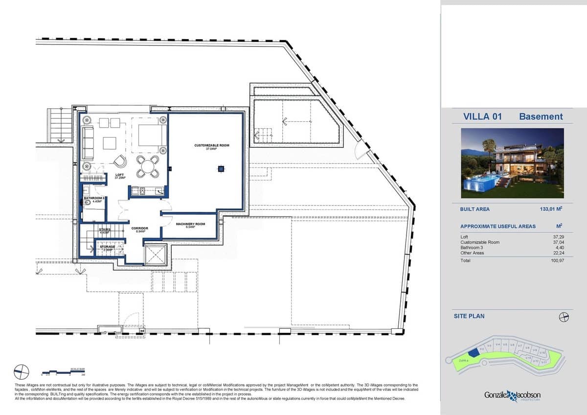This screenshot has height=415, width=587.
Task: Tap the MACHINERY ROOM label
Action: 190,225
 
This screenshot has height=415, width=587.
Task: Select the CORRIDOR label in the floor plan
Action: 139,229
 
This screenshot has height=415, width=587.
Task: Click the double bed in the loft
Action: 149,134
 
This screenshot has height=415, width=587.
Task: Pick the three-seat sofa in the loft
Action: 88,142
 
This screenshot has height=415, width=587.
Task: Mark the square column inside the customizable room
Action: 221,169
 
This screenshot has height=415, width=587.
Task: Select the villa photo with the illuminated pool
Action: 512,163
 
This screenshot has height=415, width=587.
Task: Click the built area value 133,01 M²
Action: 549,209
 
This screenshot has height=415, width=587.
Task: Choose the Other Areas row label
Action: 472,253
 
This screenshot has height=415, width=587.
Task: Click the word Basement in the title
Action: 541,116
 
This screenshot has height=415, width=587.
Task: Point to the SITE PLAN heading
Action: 469,316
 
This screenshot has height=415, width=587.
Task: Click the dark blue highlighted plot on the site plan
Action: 473,353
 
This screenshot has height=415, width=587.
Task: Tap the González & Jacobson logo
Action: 512,395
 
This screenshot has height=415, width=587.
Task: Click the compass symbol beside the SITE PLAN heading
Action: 564,317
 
